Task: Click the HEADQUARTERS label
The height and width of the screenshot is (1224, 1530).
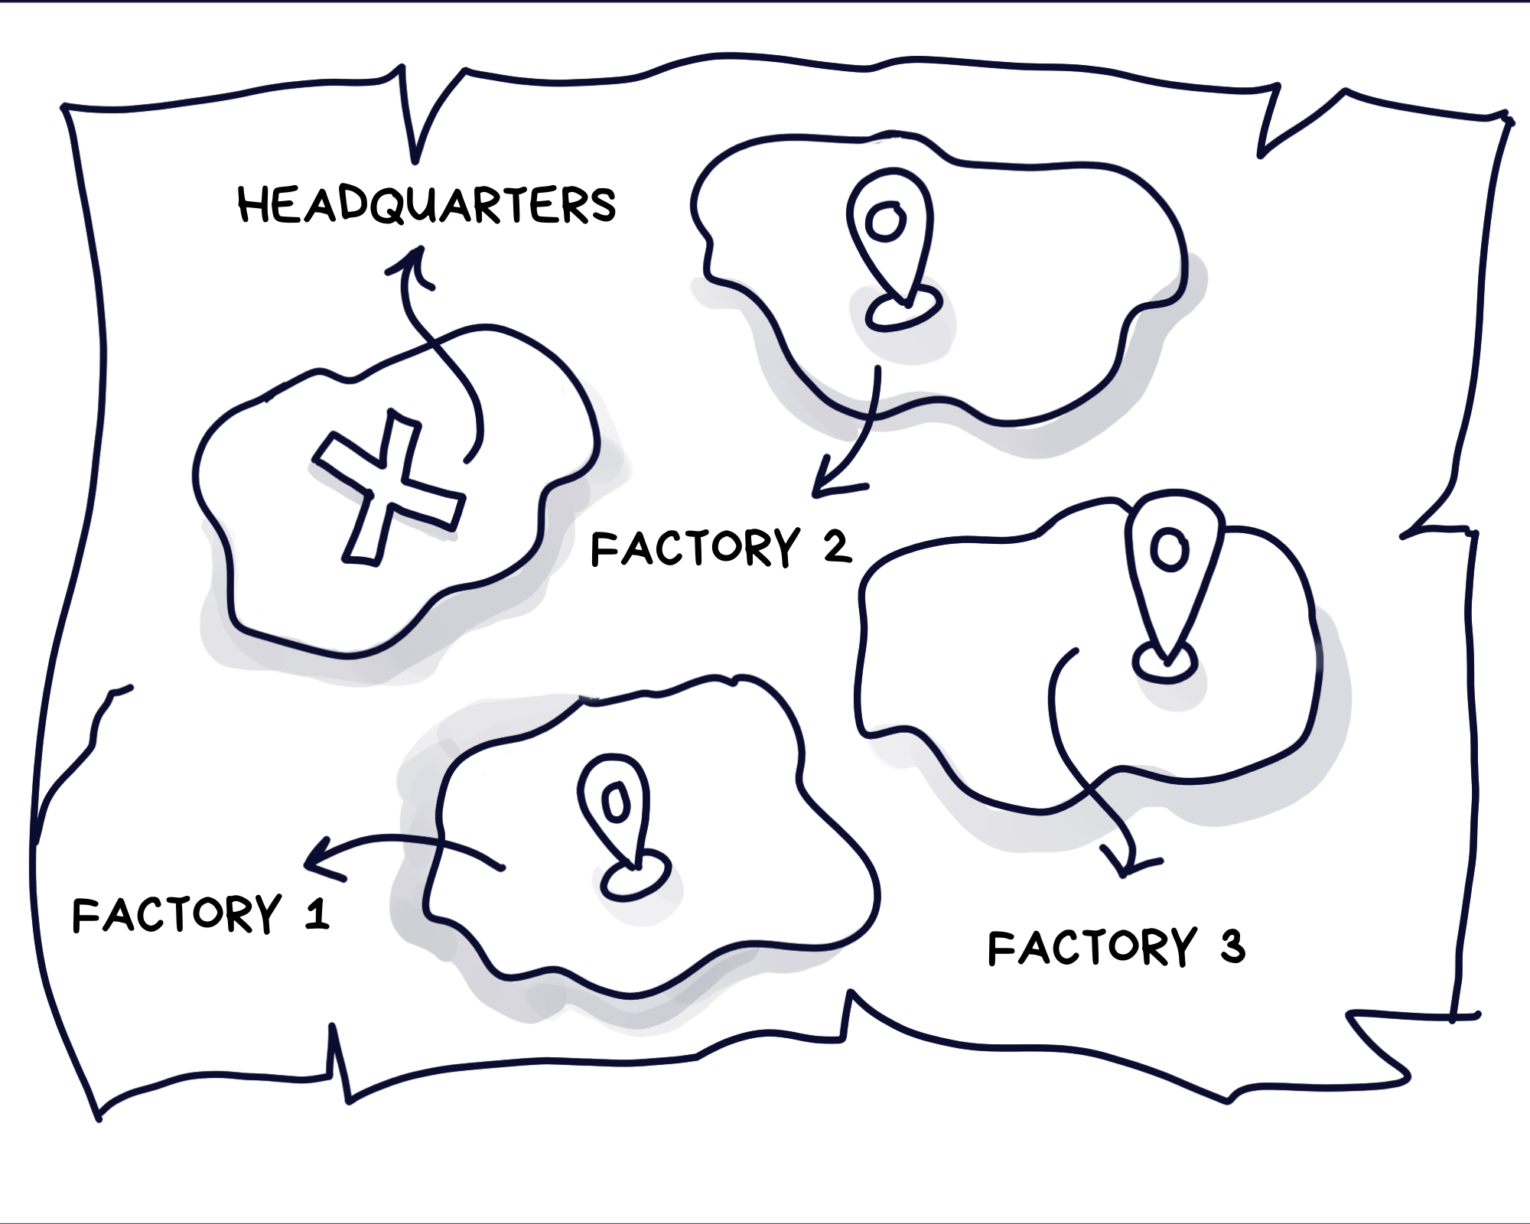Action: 427,205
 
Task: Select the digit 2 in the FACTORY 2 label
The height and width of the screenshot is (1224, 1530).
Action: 837,548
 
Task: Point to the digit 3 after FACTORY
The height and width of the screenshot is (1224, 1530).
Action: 1232,946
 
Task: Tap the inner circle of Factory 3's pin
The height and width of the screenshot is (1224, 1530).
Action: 1169,549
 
